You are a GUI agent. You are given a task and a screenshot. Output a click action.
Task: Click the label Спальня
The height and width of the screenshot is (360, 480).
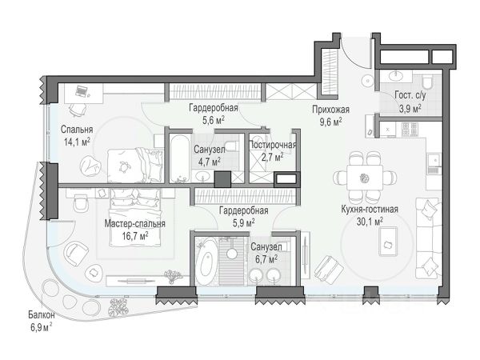click(77, 130)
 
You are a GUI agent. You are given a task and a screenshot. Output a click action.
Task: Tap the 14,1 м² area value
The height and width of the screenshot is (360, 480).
click(77, 142)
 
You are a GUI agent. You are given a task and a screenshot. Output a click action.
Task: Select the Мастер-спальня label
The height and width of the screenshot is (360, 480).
click(134, 224)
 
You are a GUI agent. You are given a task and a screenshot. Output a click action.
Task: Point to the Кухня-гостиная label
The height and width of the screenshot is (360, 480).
click(370, 210)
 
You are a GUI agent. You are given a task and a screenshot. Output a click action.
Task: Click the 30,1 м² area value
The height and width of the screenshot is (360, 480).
click(370, 222)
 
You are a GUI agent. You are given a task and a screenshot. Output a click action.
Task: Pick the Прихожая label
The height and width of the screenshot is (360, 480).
click(330, 110)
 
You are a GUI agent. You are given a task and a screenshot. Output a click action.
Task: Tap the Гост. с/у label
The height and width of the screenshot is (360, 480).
click(410, 95)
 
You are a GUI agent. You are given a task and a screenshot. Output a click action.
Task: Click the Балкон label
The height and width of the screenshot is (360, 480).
click(42, 314)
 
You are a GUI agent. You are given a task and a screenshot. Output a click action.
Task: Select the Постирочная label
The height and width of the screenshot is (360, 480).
click(273, 145)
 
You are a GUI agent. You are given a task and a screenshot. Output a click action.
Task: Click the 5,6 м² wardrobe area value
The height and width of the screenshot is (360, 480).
click(214, 120)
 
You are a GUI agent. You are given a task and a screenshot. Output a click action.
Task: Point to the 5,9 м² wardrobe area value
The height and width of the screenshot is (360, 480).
click(244, 223)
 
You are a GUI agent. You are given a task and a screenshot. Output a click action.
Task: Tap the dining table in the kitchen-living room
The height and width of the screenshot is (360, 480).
click(365, 178)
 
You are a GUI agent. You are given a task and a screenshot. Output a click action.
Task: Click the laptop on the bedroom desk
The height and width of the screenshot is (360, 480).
click(81, 91)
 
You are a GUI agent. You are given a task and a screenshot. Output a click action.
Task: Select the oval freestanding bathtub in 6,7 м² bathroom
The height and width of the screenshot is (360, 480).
click(207, 262)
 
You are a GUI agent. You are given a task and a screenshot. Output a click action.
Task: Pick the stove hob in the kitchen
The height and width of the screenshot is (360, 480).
click(410, 130)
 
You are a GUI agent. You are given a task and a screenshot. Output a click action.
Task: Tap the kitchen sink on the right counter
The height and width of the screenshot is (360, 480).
click(434, 159)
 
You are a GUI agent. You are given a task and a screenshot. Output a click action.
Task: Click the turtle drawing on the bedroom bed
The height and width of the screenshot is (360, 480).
click(124, 166)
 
